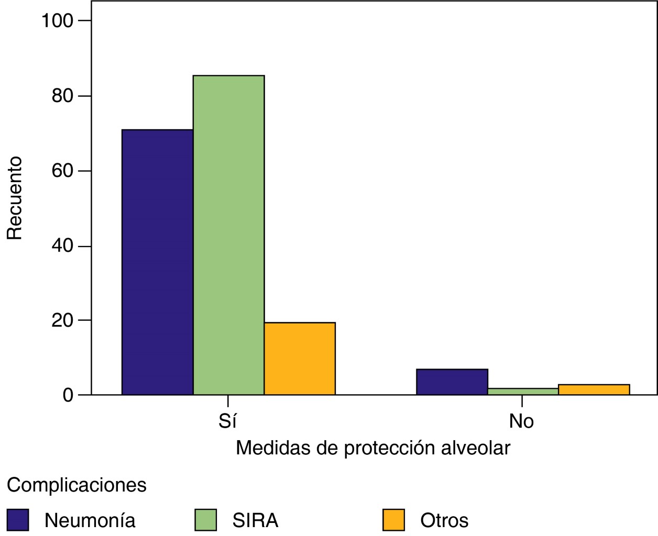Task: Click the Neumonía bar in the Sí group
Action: [157, 262]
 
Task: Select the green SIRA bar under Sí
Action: [228, 235]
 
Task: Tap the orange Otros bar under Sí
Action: [300, 359]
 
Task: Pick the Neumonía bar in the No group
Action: [452, 382]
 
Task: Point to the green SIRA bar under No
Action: [523, 392]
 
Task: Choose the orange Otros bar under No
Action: [594, 389]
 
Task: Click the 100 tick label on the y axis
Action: [58, 21]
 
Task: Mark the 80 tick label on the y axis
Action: [63, 96]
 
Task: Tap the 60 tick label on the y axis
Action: [63, 171]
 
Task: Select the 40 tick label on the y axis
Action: [63, 246]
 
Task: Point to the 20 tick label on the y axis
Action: [63, 320]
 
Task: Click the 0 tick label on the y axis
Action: [68, 395]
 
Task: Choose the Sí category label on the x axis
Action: [228, 421]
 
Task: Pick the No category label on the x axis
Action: [521, 421]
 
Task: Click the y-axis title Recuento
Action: [15, 198]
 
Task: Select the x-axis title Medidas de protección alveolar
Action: [373, 448]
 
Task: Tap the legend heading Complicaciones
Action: [76, 485]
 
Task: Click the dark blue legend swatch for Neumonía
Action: [18, 520]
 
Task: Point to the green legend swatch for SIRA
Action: [205, 520]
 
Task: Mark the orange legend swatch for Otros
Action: [393, 520]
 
